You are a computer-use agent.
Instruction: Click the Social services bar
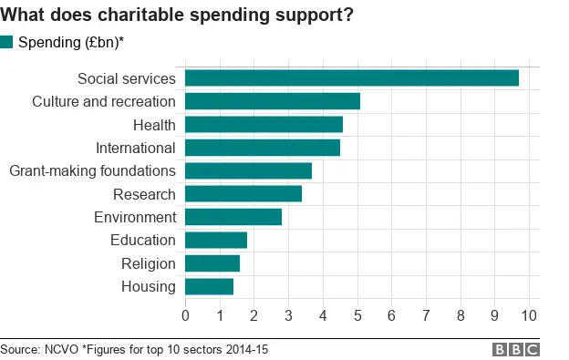tap(352, 78)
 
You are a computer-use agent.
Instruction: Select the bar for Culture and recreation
tap(273, 101)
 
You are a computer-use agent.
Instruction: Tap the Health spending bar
tap(264, 124)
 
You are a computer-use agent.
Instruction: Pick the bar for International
tap(263, 148)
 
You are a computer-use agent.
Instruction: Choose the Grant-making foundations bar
tap(248, 170)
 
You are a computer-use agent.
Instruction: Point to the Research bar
tap(243, 194)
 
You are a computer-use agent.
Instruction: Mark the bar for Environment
tap(233, 217)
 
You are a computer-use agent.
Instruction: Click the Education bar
tap(216, 240)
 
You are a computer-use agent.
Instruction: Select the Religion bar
tap(212, 263)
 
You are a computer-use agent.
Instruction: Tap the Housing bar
tap(209, 286)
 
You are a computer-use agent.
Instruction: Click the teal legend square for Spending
tap(7, 42)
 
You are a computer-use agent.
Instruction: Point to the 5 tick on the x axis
tap(357, 315)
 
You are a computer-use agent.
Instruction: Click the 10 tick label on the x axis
tap(529, 315)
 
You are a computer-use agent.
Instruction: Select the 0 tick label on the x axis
tap(185, 315)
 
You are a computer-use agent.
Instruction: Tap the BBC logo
tap(516, 349)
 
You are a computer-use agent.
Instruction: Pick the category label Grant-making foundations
tap(92, 170)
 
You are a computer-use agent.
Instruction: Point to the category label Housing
tap(148, 286)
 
